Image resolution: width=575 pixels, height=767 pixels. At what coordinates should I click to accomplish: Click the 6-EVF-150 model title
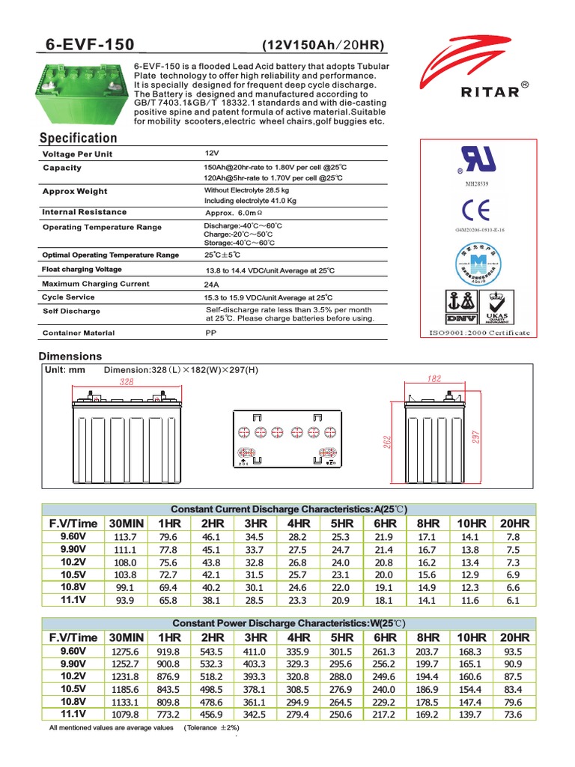point(87,45)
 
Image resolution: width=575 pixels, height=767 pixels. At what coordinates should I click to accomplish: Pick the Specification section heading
point(78,138)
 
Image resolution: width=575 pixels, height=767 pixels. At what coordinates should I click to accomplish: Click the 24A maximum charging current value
point(212,285)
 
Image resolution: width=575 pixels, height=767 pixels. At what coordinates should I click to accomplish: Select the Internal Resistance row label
point(85,212)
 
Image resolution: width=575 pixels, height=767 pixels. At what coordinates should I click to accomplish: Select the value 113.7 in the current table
point(124,537)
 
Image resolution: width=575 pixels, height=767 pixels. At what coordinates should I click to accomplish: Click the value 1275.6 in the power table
point(124,652)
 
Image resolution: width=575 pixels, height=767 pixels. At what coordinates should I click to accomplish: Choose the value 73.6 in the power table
point(514,715)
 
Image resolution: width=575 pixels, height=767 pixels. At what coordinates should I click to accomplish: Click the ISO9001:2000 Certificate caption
point(479,333)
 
